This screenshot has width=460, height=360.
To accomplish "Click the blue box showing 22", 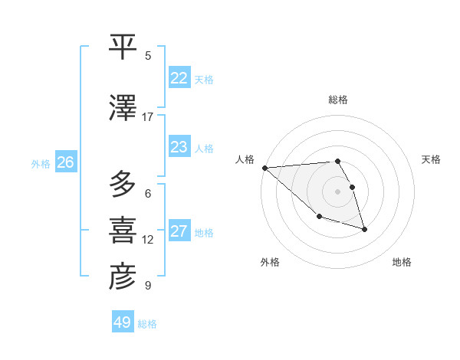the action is (x=179, y=78).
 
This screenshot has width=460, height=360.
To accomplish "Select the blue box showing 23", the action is (x=179, y=147).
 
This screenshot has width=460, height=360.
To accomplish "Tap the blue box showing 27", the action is (x=179, y=231).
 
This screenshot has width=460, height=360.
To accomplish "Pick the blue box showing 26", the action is (x=66, y=162).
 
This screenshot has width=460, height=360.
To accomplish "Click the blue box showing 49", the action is (x=123, y=322).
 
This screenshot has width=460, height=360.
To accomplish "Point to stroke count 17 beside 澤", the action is (x=148, y=116).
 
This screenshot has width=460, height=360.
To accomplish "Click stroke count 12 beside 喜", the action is (x=148, y=240).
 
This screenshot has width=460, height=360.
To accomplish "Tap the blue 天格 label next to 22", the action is (x=204, y=80).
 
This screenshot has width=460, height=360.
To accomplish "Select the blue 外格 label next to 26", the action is (x=41, y=164).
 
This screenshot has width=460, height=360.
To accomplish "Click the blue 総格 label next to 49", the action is (x=147, y=324).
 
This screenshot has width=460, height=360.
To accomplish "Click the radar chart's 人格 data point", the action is (x=264, y=168).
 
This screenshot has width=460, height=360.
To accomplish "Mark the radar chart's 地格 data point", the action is (x=364, y=229).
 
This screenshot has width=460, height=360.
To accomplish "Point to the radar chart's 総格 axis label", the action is (x=338, y=100).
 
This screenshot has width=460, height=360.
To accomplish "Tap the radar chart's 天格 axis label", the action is (x=432, y=159).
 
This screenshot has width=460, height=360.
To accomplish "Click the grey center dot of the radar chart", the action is (x=337, y=191).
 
